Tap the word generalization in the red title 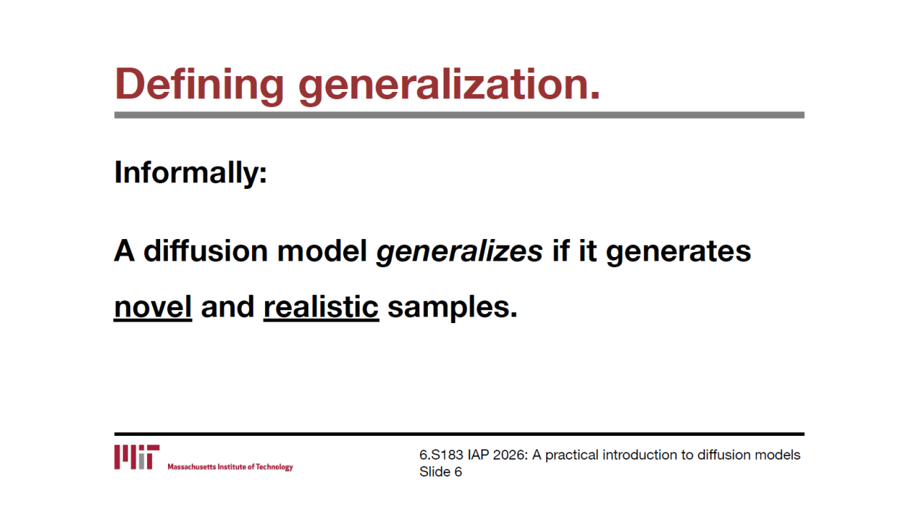click(449, 85)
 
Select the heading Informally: click(191, 173)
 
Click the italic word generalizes click(459, 251)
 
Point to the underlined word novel click(153, 307)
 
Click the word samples click(452, 308)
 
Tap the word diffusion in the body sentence click(206, 251)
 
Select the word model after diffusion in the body click(322, 251)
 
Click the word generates click(678, 252)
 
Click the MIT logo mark click(137, 457)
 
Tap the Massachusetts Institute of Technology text click(230, 467)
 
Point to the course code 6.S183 click(441, 455)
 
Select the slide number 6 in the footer click(458, 472)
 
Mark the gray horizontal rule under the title click(459, 116)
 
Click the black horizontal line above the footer click(459, 434)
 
